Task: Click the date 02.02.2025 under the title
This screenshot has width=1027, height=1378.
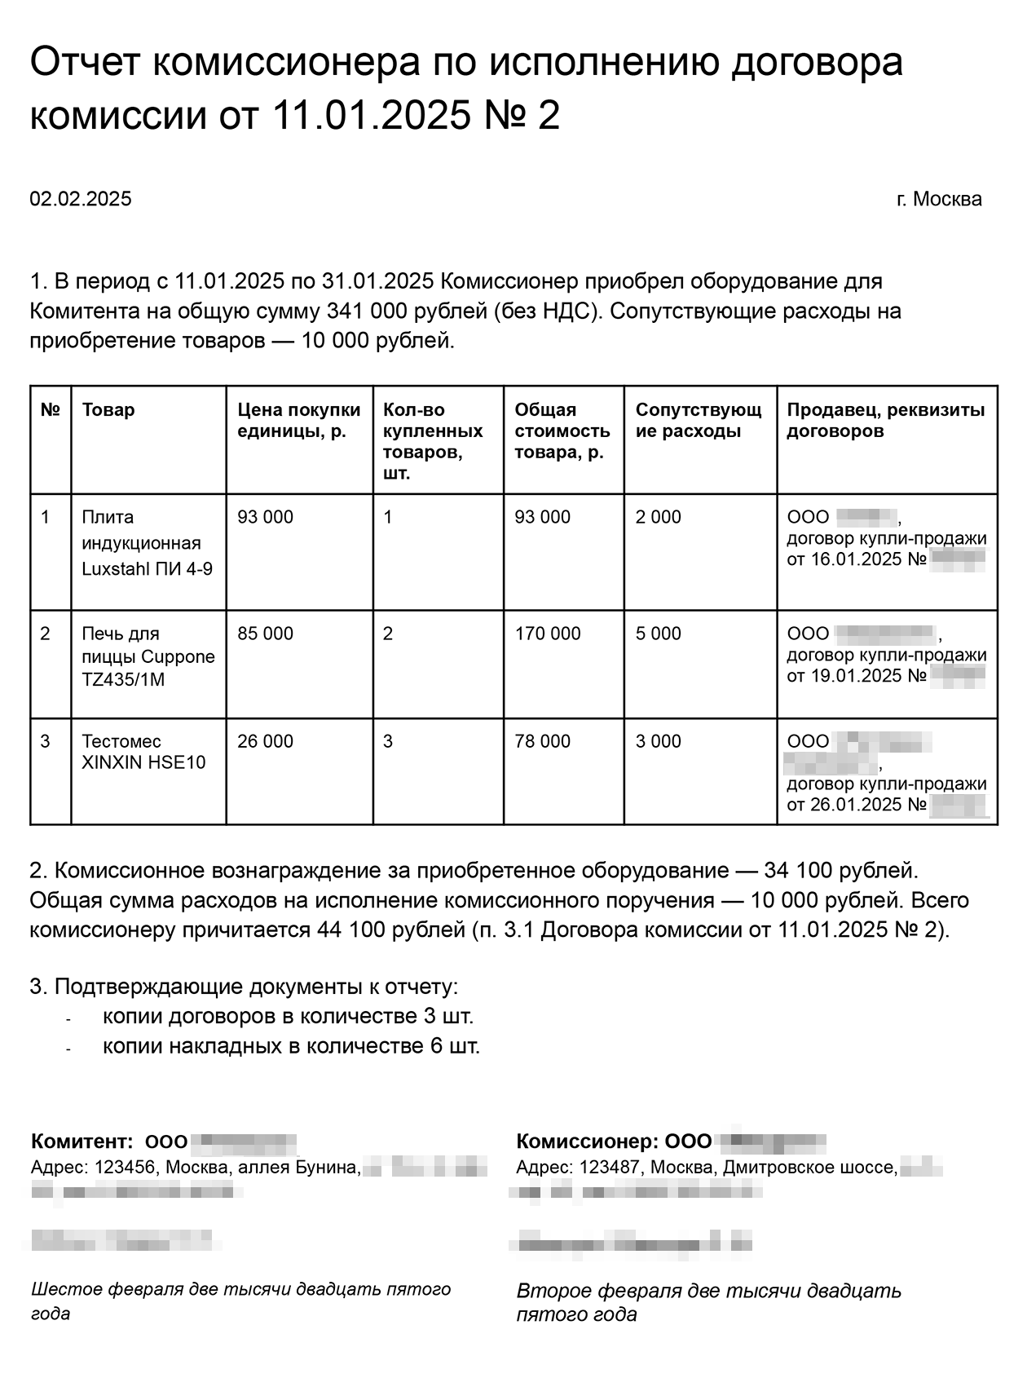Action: (x=81, y=199)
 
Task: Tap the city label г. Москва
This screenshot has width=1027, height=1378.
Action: (x=939, y=199)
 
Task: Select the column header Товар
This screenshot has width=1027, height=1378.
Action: (x=108, y=410)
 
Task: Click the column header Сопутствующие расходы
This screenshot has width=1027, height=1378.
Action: (x=699, y=421)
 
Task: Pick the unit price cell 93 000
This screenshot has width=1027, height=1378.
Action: (x=265, y=517)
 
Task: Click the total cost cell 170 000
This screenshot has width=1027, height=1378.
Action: (x=548, y=634)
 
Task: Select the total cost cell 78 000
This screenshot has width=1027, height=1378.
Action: (x=543, y=741)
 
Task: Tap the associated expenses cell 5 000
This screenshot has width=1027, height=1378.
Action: (x=658, y=634)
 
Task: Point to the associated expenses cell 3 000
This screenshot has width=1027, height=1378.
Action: (x=658, y=741)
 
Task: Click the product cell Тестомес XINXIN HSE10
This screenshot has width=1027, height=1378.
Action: (x=143, y=752)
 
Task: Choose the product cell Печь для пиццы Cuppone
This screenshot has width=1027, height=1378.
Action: (x=148, y=656)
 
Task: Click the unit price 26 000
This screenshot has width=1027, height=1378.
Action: (x=265, y=741)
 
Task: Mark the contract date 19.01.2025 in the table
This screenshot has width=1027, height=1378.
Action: (x=856, y=676)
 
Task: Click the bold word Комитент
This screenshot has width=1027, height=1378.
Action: (x=81, y=1142)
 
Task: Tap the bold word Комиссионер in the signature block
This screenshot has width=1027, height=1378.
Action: (x=587, y=1142)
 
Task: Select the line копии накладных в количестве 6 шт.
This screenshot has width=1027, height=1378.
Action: (x=291, y=1046)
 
